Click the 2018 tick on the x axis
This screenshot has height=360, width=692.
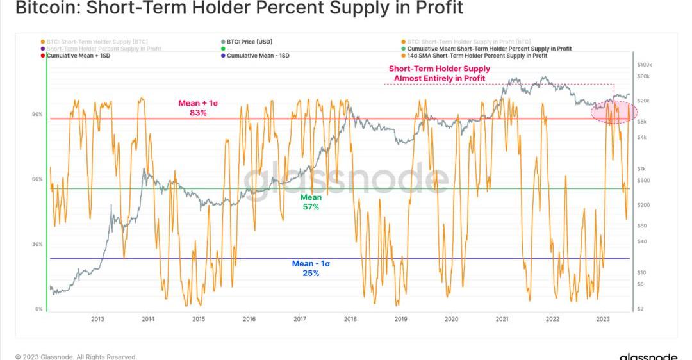coord(350,318)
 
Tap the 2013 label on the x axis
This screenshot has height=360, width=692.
coord(97,318)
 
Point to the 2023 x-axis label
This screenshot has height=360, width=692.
coord(603,318)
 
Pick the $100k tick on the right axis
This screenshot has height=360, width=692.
coord(644,65)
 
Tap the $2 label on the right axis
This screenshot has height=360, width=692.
coord(641,309)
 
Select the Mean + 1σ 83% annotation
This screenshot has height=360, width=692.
coord(197,108)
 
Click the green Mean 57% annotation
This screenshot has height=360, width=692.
coord(311,202)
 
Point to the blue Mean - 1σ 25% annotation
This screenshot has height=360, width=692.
coord(311,268)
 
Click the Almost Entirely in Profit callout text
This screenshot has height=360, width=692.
coord(439,74)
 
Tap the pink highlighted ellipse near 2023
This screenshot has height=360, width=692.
coord(613,111)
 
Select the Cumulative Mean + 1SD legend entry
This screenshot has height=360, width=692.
coord(74,56)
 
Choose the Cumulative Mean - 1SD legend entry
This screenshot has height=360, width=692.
coord(258,56)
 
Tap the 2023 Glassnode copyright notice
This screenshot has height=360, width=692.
coord(76,356)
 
